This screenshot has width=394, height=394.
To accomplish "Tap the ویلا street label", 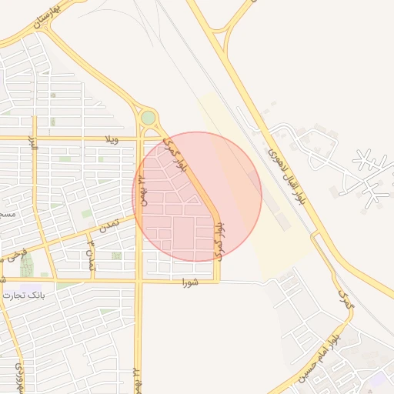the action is click(112, 139).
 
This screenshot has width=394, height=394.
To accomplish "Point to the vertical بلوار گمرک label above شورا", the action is click(219, 240).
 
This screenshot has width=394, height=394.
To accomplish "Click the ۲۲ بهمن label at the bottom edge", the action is click(137, 381).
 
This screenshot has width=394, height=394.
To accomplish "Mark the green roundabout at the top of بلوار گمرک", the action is click(148, 118).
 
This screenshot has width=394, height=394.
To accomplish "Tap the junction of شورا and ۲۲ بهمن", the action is click(139, 282).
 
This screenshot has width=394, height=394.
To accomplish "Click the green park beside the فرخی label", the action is click(28, 265).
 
